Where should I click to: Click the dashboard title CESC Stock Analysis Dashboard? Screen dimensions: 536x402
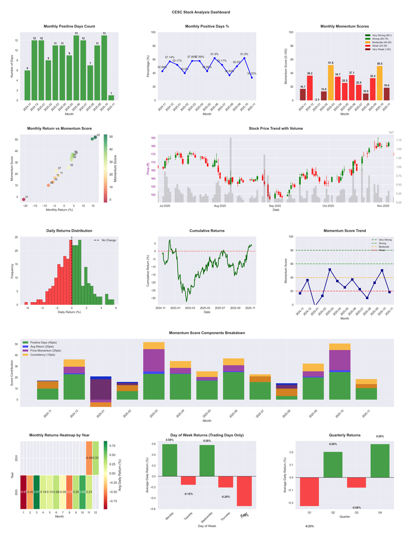pos(201,12)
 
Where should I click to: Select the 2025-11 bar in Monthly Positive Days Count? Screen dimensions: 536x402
pos(111,98)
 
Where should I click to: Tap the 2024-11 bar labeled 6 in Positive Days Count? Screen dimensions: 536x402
pos(27,85)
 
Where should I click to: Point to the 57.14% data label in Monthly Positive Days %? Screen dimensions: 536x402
pos(170,57)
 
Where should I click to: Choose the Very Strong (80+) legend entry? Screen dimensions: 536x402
pos(379,35)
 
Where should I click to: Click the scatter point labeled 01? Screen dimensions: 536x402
pos(23,200)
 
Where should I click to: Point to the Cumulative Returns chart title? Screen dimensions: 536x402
pos(207,231)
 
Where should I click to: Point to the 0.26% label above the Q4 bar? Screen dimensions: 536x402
pos(380,436)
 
